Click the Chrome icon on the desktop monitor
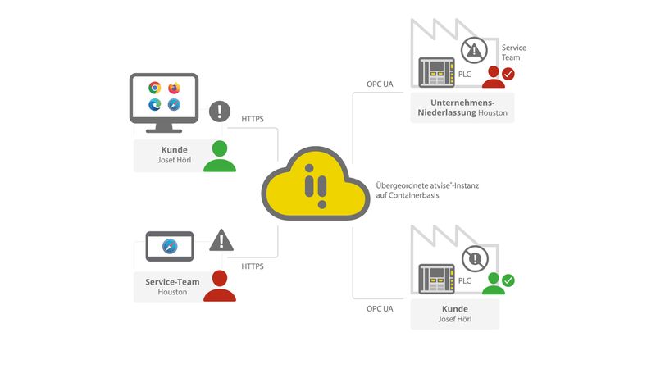coord(154,88)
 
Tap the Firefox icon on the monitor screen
coord(174,88)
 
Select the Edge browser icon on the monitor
coord(154,105)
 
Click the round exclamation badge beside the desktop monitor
coord(220,111)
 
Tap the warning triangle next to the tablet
coord(221,240)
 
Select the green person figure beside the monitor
coord(219,157)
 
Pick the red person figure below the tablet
coord(219,286)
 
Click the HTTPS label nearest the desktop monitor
coord(253,120)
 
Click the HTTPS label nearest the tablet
coord(253,266)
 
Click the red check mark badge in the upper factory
coord(508,74)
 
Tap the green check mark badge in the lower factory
coord(508,280)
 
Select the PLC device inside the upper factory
coord(436,72)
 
